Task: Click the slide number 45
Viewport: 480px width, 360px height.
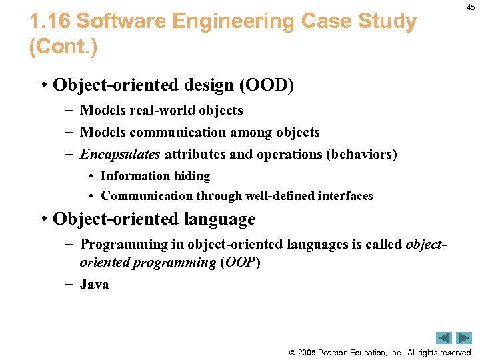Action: click(471, 7)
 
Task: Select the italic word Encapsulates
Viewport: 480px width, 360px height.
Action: click(120, 154)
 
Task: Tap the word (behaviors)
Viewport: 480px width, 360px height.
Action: click(361, 154)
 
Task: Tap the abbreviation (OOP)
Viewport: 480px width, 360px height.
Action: click(240, 262)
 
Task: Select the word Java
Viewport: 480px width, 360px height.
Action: click(94, 284)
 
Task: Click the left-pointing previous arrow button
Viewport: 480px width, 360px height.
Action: click(444, 338)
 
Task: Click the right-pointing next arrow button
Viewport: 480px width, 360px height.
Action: click(464, 338)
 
